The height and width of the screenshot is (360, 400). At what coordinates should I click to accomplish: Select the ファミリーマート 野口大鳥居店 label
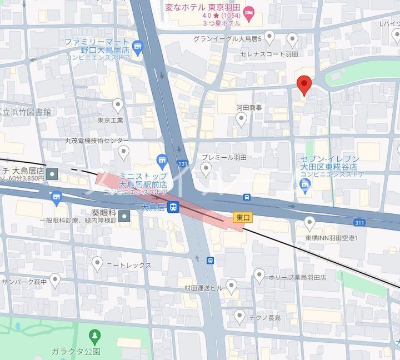click(x=97, y=46)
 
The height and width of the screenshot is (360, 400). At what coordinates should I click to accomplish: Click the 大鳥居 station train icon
click(x=174, y=207)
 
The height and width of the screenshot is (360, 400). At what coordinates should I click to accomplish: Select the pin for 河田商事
click(x=241, y=118)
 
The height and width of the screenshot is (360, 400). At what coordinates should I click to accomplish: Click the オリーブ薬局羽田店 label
click(x=297, y=277)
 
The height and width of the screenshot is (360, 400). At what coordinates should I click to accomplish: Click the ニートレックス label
click(x=129, y=265)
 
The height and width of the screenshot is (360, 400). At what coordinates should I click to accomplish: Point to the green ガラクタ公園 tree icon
click(x=95, y=336)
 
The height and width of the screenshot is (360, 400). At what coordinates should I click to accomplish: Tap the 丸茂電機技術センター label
click(x=88, y=141)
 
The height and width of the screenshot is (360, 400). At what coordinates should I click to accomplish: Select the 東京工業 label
click(x=110, y=119)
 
